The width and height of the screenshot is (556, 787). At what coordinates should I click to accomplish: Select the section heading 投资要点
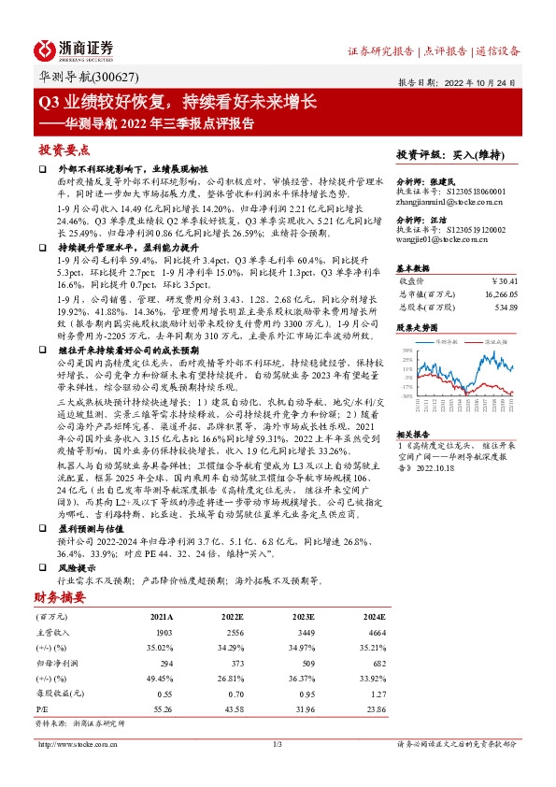pos(64,150)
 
